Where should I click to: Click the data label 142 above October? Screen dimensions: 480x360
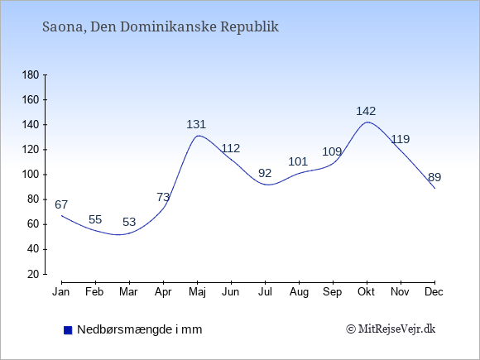366,111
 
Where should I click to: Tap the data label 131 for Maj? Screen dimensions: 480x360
196,124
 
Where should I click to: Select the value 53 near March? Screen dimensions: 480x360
129,222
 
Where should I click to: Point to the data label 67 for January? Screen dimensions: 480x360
61,204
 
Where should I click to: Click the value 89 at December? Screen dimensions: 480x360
434,177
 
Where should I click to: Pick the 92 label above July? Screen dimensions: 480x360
265,173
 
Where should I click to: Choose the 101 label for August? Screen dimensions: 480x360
298,161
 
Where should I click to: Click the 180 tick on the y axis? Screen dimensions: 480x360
31,75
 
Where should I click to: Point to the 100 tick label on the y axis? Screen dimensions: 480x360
31,175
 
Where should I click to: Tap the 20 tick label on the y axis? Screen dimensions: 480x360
33,274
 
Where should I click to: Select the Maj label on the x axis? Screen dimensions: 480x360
197,292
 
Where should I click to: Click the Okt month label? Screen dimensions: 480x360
366,292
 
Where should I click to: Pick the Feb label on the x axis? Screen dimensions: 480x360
94,292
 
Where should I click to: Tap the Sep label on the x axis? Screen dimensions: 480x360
333,292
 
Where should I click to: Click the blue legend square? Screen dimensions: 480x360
68,330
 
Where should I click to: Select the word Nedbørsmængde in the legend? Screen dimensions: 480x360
125,329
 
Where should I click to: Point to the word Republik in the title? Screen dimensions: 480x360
249,27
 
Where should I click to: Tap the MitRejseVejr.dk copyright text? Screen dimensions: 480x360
391,329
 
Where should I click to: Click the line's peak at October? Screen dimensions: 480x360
367,122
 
